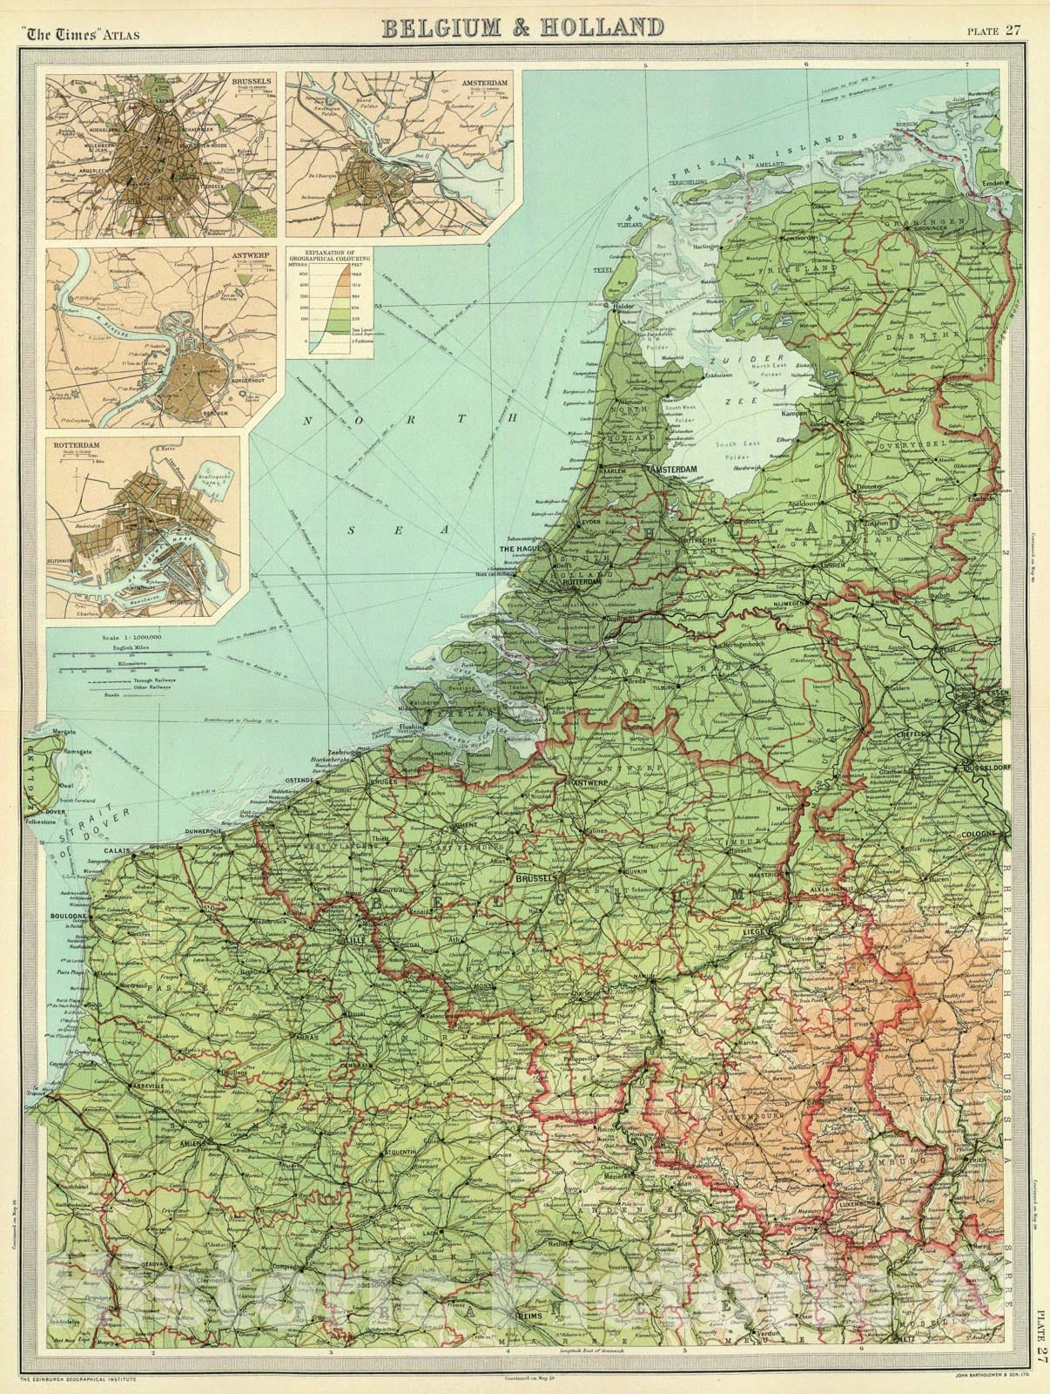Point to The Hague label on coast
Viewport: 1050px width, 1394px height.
click(x=521, y=550)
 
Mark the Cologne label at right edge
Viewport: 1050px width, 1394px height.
click(x=982, y=834)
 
